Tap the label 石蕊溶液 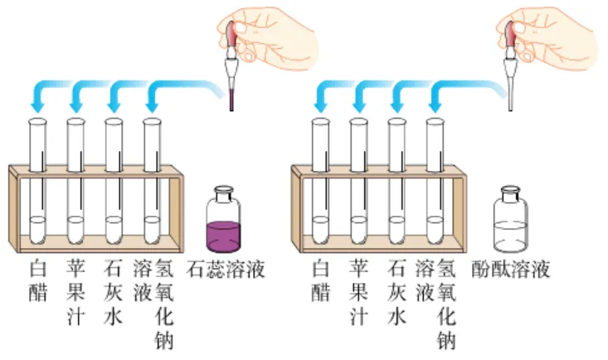coord(226,270)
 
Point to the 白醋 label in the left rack coord(38,282)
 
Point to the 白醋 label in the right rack coord(321,282)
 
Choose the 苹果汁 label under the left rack coord(76,294)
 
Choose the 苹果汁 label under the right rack coord(358,294)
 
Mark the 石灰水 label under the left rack coord(114,294)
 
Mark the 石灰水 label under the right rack coord(396,294)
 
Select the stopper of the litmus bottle coord(224,192)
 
